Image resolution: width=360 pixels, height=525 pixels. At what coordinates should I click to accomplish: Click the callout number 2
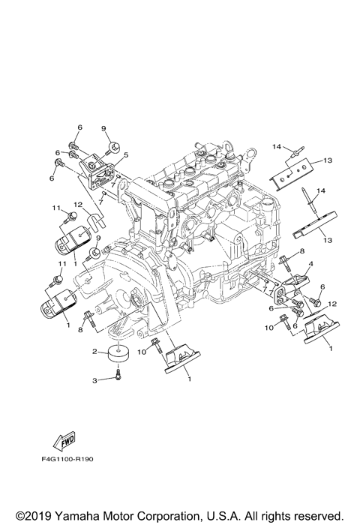[x=95, y=351]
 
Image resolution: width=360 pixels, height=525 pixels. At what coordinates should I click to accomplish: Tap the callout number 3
[x=95, y=381]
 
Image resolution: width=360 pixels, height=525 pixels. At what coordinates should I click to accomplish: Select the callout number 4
[x=310, y=263]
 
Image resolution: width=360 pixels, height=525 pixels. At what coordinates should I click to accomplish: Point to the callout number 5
[x=126, y=155]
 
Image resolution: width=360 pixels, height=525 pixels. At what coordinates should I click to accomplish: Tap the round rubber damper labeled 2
[x=118, y=354]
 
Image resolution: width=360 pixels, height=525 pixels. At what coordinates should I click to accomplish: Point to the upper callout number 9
[x=103, y=127]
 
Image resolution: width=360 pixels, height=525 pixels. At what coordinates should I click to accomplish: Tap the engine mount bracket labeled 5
[x=96, y=166]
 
